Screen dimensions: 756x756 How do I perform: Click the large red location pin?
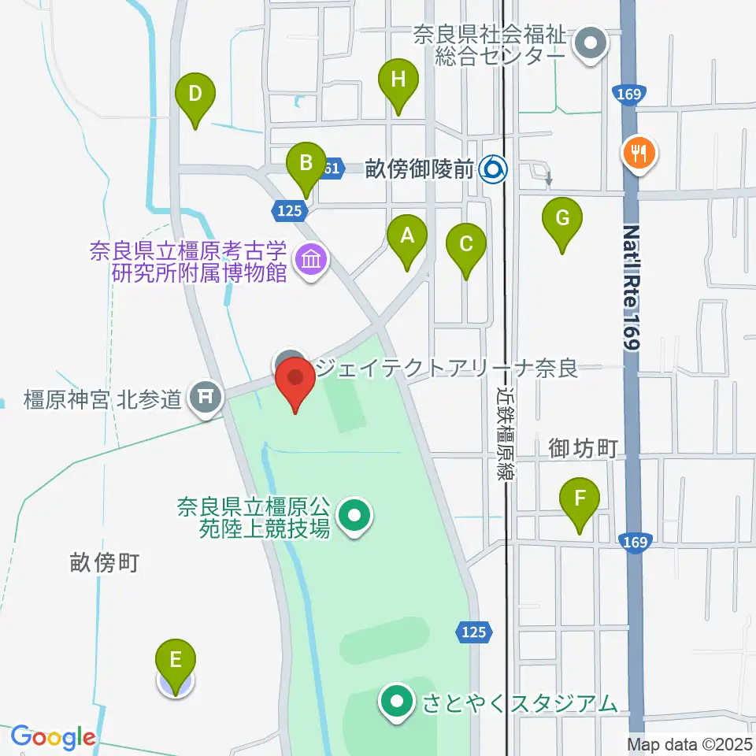[296, 381]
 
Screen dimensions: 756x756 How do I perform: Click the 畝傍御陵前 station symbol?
[495, 168]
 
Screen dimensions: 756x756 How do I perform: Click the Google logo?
[53, 737]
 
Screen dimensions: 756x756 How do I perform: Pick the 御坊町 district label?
[583, 449]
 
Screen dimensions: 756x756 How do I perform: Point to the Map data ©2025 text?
[688, 743]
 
